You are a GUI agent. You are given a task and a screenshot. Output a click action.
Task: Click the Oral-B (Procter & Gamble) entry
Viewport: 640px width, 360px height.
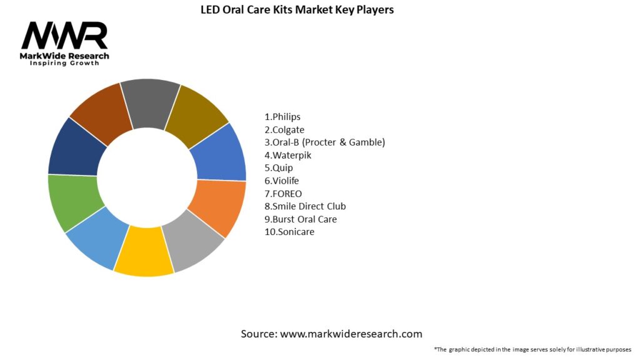(x=325, y=142)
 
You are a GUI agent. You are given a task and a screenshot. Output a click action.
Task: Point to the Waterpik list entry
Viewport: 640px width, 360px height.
(x=288, y=155)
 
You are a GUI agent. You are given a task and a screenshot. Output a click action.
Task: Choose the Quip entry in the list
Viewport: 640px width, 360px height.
(x=279, y=167)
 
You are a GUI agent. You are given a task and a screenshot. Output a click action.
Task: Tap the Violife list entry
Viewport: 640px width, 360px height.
(x=282, y=181)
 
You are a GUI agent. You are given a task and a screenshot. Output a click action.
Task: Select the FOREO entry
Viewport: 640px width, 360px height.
(x=283, y=193)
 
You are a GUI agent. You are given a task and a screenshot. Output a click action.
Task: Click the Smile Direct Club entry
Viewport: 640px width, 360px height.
(x=305, y=206)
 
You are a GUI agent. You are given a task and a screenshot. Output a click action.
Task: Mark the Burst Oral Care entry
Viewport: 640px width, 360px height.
(x=301, y=219)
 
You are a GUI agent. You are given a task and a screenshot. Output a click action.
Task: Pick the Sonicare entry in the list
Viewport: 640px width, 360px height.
(x=289, y=232)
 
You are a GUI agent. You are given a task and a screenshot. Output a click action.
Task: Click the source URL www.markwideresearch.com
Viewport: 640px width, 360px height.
(x=351, y=334)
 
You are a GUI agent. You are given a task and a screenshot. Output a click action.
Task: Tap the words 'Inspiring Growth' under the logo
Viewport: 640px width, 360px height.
(x=64, y=64)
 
